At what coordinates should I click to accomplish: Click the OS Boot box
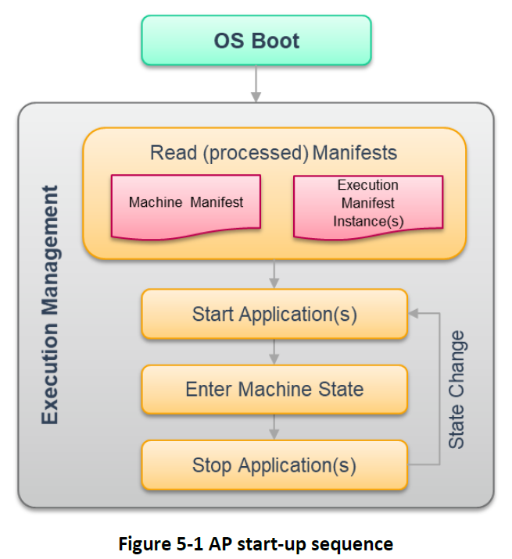point(256,41)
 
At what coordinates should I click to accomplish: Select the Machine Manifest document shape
point(186,207)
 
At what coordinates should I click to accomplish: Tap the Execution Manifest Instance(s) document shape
point(368,208)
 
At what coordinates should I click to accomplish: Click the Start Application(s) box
point(274,314)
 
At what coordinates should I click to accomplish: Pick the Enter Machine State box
point(274,389)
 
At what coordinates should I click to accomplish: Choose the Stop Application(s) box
point(274,465)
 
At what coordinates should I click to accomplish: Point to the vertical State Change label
point(457,390)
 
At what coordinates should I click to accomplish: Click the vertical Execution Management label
point(49,304)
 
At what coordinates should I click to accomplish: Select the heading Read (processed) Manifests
point(274,153)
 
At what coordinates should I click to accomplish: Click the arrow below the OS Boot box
point(256,84)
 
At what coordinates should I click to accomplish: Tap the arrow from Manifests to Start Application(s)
point(274,274)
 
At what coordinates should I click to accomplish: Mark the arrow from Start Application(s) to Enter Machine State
point(274,351)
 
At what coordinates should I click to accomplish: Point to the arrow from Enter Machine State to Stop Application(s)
point(274,427)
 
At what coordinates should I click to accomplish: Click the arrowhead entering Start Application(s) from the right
point(413,313)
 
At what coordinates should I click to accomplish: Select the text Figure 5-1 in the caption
point(161,544)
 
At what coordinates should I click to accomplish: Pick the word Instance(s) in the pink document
point(368,222)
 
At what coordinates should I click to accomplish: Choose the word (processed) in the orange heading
point(256,153)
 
